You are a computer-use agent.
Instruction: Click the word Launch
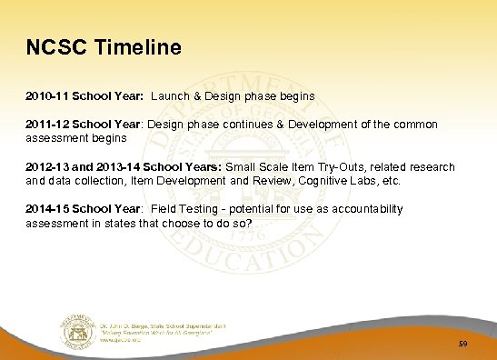tap(170, 94)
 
